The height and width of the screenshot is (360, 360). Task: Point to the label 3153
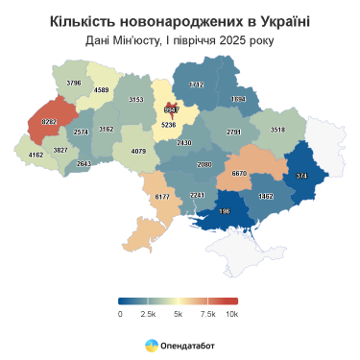[x=136, y=99]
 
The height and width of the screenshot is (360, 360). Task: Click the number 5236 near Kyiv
[x=169, y=125]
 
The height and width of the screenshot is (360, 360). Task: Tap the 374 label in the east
[x=301, y=176]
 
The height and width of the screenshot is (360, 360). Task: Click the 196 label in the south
[x=226, y=211]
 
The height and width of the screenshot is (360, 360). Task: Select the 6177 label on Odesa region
[x=162, y=196]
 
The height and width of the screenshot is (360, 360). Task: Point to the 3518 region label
[x=278, y=129]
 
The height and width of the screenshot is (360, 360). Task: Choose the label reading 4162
[x=36, y=154]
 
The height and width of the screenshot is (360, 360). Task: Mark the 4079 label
[x=138, y=151]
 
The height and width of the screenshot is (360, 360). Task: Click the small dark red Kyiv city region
[x=173, y=109]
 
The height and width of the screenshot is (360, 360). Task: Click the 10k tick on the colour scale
[x=231, y=313]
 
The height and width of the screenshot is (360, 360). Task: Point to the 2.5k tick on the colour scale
[x=148, y=313]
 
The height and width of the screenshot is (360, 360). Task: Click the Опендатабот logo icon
[x=152, y=344]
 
